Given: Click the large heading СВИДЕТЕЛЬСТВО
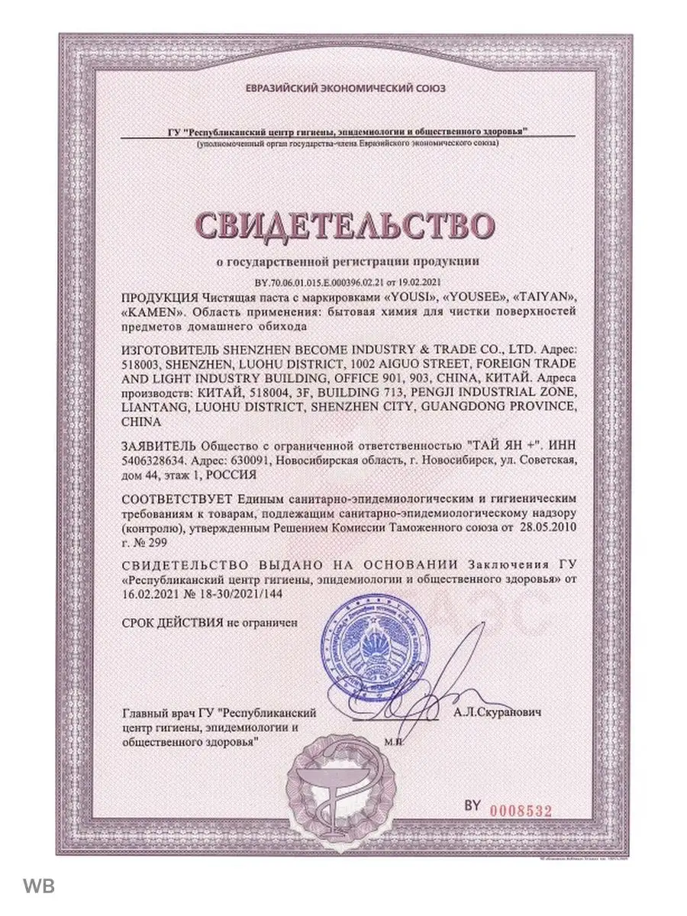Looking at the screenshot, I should [x=343, y=224].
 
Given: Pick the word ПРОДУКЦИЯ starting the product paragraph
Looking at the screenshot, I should [x=160, y=296].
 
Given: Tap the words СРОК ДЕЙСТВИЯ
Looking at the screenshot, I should [x=173, y=623].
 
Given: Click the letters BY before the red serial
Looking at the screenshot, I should [x=473, y=806].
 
